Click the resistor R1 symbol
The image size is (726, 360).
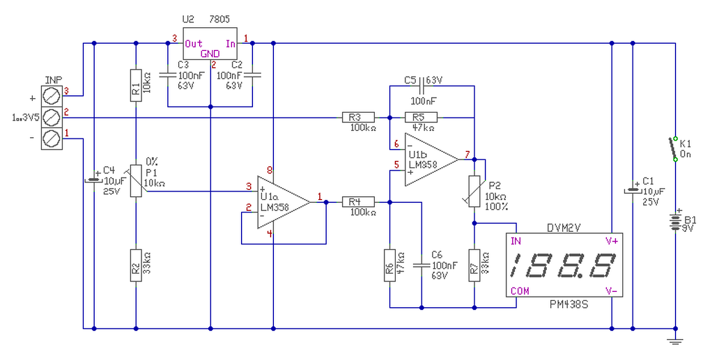pos(136,85)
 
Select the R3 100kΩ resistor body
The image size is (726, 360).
pos(358,118)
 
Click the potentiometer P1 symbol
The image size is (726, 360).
pos(136,181)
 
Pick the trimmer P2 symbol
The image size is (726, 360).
pos(474,190)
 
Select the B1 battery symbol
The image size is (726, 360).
pos(676,222)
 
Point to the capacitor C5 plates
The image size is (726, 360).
pos(420,86)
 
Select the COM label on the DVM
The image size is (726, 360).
pos(520,291)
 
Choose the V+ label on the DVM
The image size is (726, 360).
pos(611,241)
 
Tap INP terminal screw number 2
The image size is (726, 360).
pos(52,118)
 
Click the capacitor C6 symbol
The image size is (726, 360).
pos(421,264)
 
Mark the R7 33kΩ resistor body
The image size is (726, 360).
pos(474,264)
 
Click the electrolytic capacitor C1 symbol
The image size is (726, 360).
pos(633,190)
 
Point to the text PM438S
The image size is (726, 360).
pos(569,305)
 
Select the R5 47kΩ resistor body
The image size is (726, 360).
pos(421,118)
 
